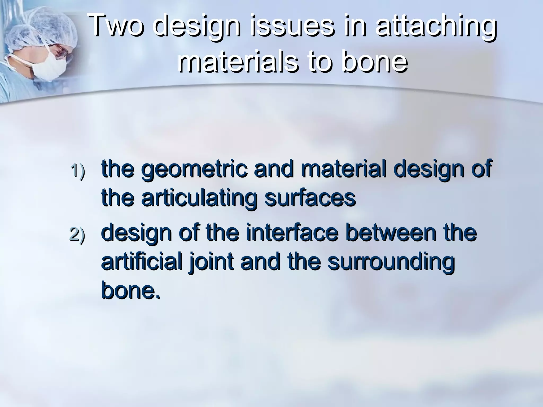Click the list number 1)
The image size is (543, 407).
[78, 171]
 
